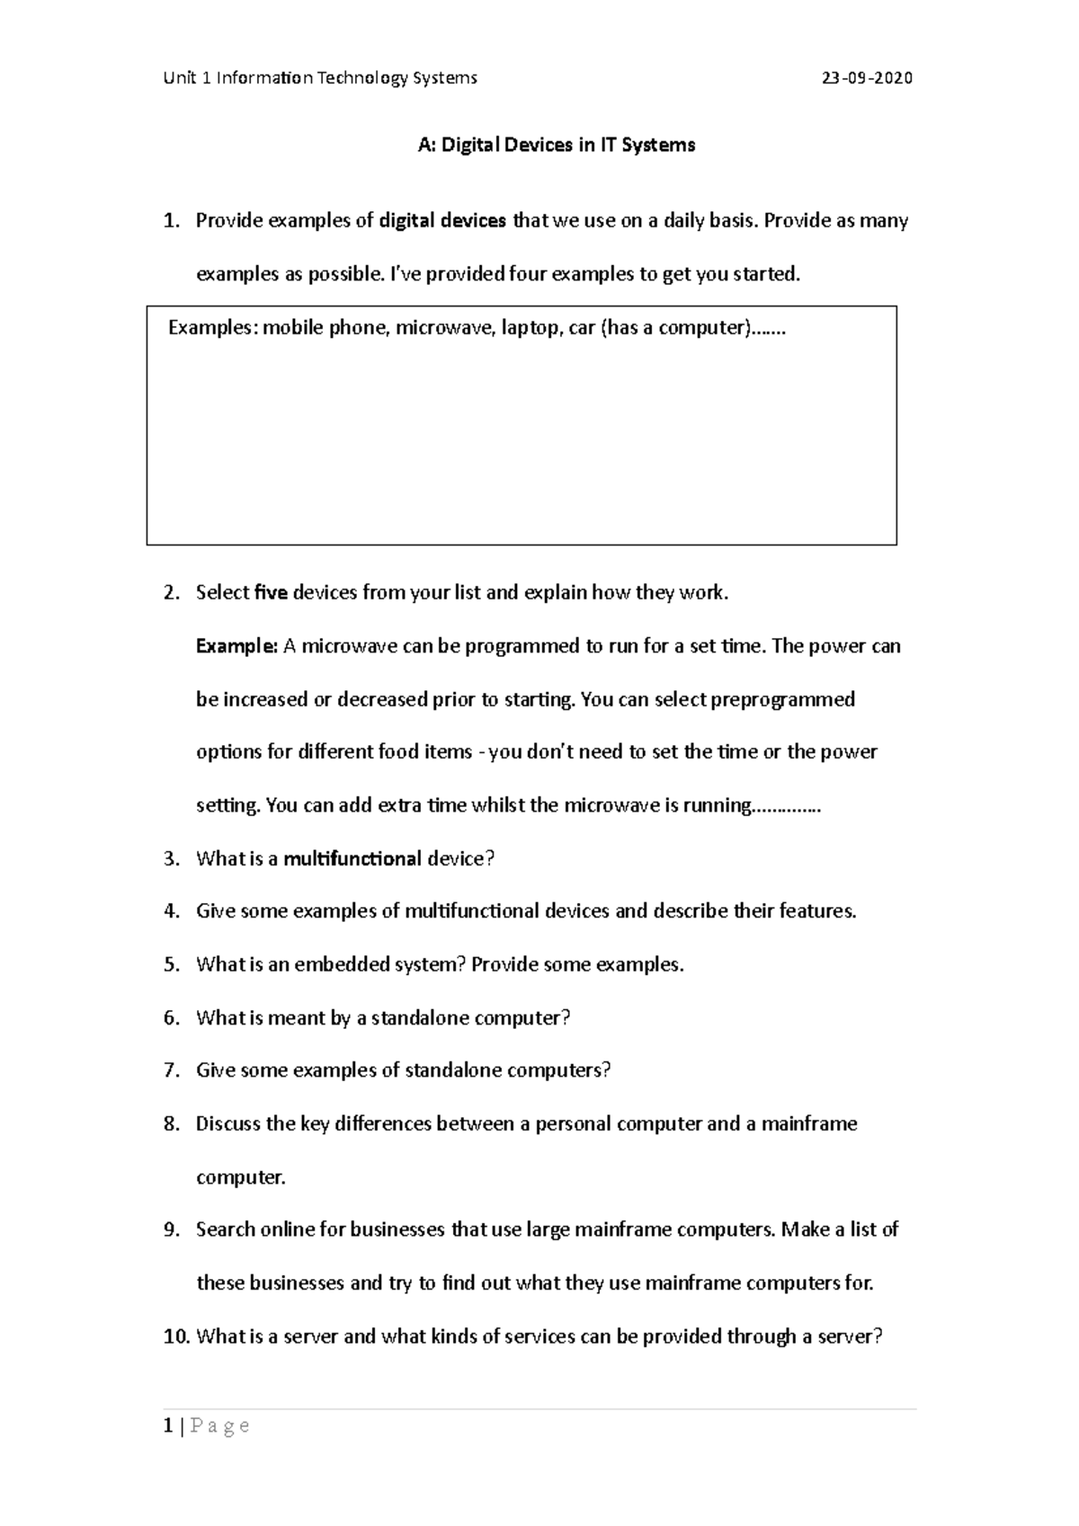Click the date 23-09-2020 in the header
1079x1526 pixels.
point(867,78)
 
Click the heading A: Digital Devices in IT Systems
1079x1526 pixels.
point(557,145)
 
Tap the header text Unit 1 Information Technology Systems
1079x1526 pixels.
point(320,78)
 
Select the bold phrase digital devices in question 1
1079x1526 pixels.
point(442,221)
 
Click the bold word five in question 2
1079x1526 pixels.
point(272,592)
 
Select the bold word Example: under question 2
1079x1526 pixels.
point(236,646)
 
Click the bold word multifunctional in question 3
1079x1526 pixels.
point(352,858)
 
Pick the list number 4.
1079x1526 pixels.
point(171,911)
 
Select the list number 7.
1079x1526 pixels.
point(171,1070)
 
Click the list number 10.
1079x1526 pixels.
point(175,1336)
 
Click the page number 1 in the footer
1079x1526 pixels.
point(168,1425)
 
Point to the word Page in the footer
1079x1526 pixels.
point(220,1426)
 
